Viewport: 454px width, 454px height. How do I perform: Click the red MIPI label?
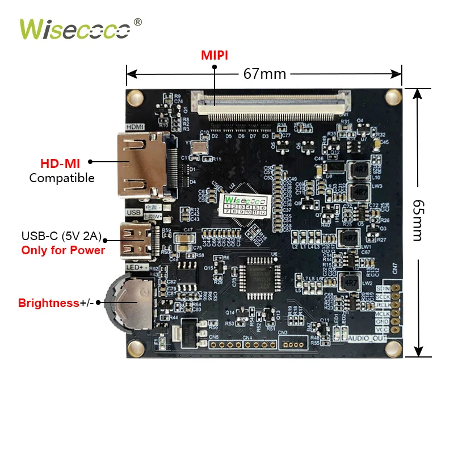coord(215,56)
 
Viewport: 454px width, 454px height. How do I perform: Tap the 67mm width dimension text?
coord(264,74)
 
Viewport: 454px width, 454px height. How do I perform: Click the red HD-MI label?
coord(60,163)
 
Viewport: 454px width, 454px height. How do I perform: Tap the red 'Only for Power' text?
coord(63,250)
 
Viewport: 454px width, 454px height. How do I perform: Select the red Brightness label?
coord(48,303)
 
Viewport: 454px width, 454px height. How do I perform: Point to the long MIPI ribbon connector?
coord(272,104)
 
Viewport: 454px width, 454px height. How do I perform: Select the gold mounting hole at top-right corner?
coord(392,98)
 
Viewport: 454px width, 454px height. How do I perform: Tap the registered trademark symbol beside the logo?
coord(137,22)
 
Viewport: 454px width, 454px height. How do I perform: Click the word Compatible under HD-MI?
coord(62,178)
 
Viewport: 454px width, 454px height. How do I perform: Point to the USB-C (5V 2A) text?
coord(61,236)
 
